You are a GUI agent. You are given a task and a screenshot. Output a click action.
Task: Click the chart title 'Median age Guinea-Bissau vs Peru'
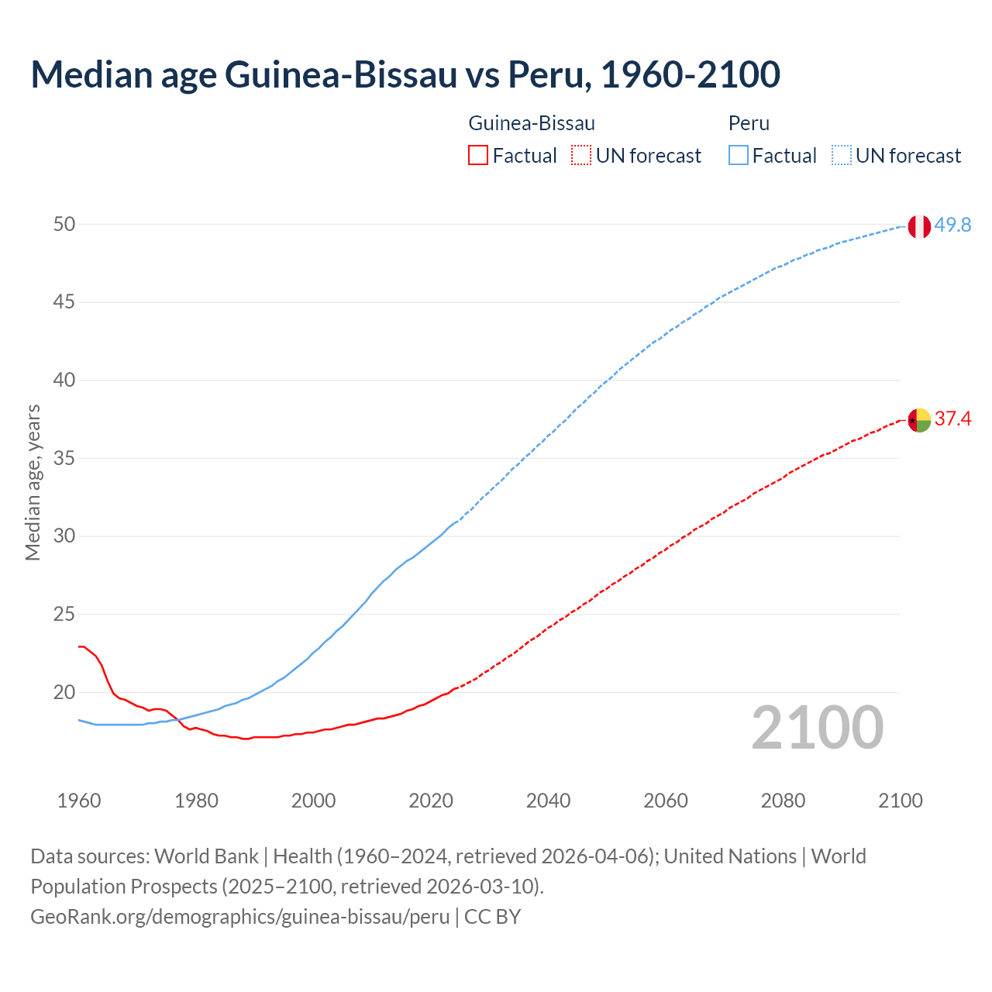tap(405, 74)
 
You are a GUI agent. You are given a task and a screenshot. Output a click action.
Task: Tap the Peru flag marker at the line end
tap(918, 226)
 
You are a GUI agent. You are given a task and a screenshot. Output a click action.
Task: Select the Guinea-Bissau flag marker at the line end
tap(918, 420)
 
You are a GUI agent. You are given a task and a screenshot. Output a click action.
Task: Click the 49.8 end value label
tap(952, 226)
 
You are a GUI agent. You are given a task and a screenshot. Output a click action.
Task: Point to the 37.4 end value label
tap(952, 419)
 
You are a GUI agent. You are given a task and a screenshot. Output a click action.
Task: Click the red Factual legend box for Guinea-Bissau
tap(478, 156)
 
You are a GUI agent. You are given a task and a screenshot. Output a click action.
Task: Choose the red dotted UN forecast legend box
tap(581, 156)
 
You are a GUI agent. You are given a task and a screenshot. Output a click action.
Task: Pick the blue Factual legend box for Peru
tap(739, 156)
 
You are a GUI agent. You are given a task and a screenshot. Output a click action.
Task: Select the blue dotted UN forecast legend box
tap(841, 156)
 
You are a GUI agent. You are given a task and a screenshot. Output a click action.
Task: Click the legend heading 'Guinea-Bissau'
tap(532, 123)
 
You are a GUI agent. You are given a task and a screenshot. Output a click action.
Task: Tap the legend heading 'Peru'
tap(749, 123)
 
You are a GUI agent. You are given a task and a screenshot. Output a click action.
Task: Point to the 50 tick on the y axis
tap(64, 225)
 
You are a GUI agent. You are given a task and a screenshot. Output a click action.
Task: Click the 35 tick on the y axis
tap(64, 459)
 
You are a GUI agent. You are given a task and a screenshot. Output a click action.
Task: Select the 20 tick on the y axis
tap(64, 693)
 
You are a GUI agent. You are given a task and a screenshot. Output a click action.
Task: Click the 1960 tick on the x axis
tap(79, 801)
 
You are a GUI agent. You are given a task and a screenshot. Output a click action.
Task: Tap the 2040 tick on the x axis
tap(548, 801)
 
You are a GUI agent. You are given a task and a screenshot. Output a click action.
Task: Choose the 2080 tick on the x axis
tap(783, 801)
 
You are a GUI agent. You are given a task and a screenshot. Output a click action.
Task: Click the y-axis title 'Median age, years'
tap(33, 482)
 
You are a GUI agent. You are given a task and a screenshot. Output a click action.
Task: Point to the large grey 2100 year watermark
tap(817, 728)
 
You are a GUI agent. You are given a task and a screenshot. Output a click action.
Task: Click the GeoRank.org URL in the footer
tap(239, 917)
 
